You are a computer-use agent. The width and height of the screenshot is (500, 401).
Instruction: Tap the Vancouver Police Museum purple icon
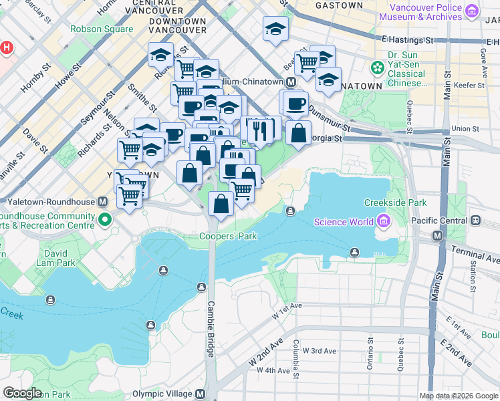[472, 11]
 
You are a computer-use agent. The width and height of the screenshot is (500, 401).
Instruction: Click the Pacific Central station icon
[475, 220]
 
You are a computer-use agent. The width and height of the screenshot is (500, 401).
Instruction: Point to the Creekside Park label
[394, 203]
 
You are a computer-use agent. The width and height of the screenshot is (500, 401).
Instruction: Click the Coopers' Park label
[227, 237]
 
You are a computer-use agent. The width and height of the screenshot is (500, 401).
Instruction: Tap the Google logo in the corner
[22, 393]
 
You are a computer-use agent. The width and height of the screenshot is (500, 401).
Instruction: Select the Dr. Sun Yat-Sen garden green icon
[377, 68]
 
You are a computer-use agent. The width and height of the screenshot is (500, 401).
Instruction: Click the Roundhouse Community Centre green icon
[104, 219]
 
